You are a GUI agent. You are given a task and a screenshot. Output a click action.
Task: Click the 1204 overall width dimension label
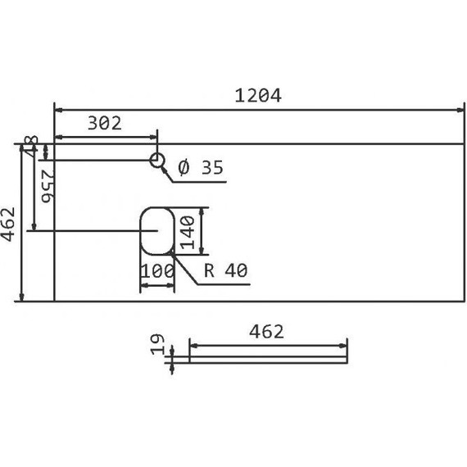coord(258,95)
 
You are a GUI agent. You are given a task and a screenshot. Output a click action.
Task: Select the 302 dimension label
coord(104,124)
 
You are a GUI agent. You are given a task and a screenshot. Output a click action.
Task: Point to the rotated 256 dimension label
coord(47,185)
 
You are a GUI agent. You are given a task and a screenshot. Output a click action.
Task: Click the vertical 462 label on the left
coord(8,222)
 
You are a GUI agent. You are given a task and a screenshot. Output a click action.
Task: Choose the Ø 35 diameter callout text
coord(200,168)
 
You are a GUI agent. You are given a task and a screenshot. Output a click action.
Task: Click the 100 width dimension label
coord(156,271)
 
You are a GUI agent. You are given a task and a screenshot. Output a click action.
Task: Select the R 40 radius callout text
coord(225,271)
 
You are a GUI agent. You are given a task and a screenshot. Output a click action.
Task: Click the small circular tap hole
coord(157,159)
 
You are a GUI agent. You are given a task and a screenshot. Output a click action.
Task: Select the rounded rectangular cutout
coord(156,230)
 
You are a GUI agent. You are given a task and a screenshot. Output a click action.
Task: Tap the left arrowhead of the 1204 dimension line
coord(58,109)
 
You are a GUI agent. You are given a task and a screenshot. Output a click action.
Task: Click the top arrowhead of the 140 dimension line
coord(202,210)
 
